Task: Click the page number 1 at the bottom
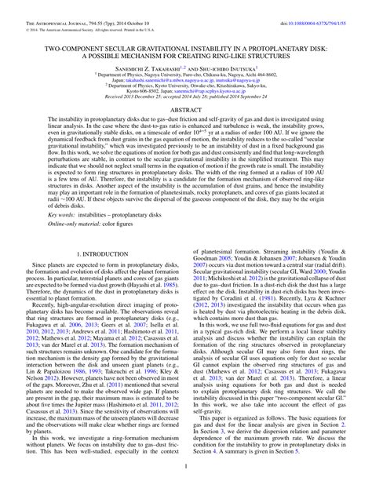[x=186, y=468]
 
